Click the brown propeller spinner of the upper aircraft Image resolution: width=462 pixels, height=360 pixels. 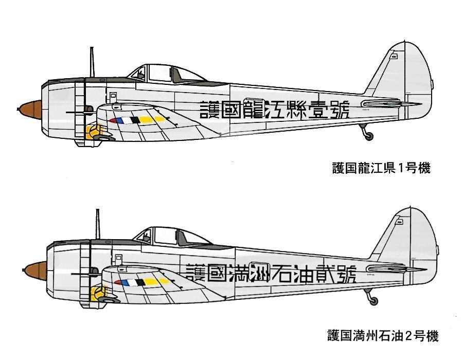pyautogui.click(x=30, y=110)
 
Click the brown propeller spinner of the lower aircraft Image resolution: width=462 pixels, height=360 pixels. pyautogui.click(x=35, y=271)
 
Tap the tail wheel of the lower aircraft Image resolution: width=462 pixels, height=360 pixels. pyautogui.click(x=374, y=301)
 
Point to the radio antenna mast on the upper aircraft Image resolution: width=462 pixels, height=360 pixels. pyautogui.click(x=92, y=62)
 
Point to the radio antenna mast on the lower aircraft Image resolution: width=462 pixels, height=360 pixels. pyautogui.click(x=98, y=224)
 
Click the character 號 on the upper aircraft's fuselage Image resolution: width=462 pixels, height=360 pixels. pyautogui.click(x=340, y=110)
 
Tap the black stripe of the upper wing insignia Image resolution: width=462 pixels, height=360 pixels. pyautogui.click(x=135, y=120)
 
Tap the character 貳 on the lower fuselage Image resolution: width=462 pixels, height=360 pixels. pyautogui.click(x=325, y=273)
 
